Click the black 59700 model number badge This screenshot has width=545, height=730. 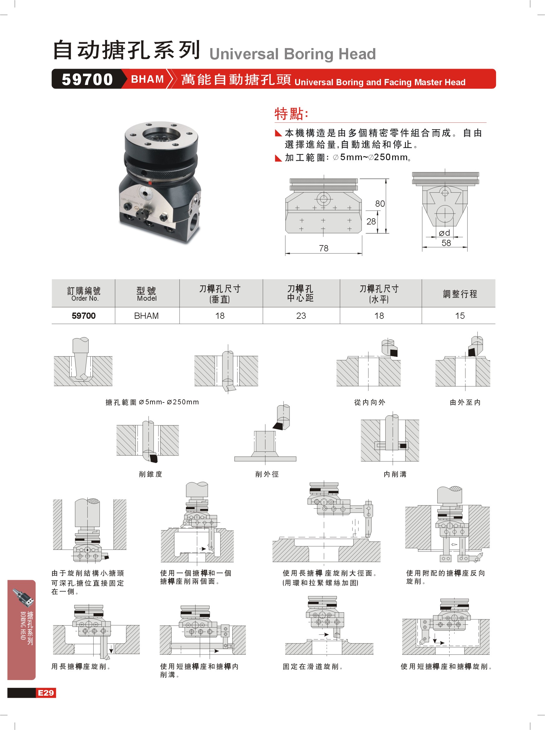(x=87, y=79)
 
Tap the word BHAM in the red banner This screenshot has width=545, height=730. (x=147, y=79)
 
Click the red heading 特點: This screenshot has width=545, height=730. (x=291, y=114)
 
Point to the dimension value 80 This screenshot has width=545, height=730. (x=380, y=204)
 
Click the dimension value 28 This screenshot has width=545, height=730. (x=371, y=221)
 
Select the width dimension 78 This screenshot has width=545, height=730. (x=324, y=248)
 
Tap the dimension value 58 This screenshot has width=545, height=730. (x=446, y=243)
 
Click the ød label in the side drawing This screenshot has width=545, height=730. (x=445, y=233)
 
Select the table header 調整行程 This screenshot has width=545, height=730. (x=460, y=294)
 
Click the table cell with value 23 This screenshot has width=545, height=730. (x=301, y=316)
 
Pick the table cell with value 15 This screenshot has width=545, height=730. (x=460, y=316)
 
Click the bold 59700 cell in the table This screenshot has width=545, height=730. (x=84, y=316)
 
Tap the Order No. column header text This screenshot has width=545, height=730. (x=85, y=298)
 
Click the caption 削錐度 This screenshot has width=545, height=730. (x=151, y=474)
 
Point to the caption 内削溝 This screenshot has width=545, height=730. (x=395, y=474)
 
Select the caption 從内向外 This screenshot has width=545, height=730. (x=370, y=402)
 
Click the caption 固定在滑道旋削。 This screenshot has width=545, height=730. (x=313, y=667)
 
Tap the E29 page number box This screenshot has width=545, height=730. (x=46, y=693)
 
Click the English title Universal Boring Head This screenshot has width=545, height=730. (x=293, y=54)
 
